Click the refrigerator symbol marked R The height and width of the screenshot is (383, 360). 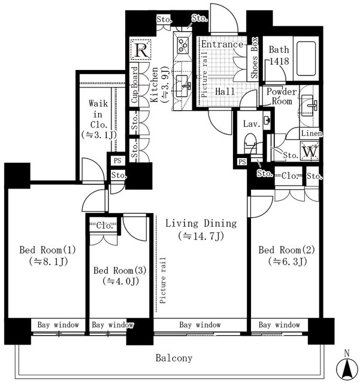140,50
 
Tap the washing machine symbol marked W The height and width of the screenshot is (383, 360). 310,151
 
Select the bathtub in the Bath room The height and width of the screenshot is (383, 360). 306,59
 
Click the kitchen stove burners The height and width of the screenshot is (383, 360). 183,45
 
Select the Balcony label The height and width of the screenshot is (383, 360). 174,358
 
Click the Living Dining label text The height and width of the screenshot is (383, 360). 201,223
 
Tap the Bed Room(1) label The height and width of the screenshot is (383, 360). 48,250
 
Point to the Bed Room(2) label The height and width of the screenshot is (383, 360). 287,250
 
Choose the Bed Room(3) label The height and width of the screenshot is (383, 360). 120,270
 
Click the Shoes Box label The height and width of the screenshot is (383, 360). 255,57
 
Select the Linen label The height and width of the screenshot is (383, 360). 311,133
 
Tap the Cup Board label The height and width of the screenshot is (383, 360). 135,84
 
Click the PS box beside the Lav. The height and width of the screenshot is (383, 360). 242,162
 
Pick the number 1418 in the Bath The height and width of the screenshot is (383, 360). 279,61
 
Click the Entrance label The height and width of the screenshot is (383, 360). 222,44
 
